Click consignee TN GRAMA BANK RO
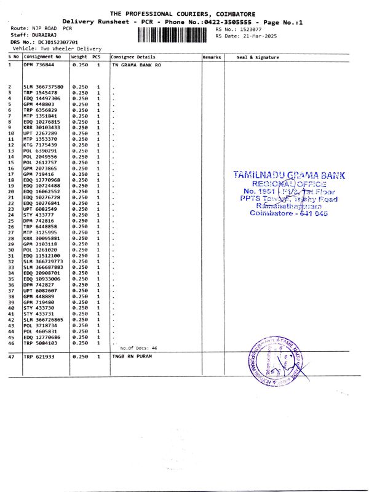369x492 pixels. (x=137, y=64)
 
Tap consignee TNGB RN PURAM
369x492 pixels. (x=132, y=357)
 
